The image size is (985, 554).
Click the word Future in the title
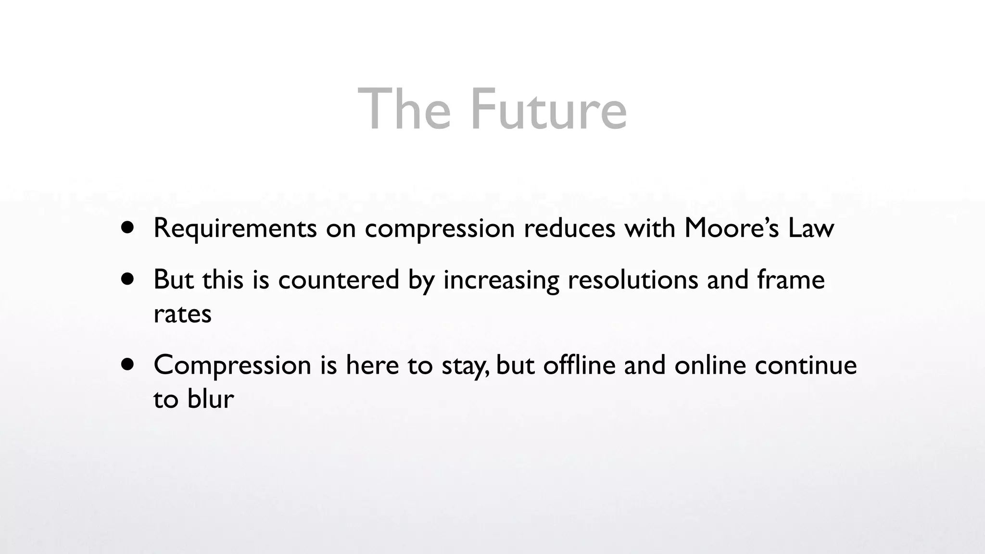pyautogui.click(x=548, y=110)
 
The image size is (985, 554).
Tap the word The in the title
pyautogui.click(x=404, y=110)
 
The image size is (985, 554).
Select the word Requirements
pyautogui.click(x=235, y=228)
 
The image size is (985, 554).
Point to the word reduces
pyautogui.click(x=569, y=228)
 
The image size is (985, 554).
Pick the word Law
pyautogui.click(x=811, y=228)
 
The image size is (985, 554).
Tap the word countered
pyautogui.click(x=339, y=279)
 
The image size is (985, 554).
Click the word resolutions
pyautogui.click(x=633, y=279)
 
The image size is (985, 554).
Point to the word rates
pyautogui.click(x=182, y=314)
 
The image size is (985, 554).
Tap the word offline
pyautogui.click(x=579, y=365)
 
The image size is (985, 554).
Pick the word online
pyautogui.click(x=710, y=365)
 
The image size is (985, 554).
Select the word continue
pyautogui.click(x=806, y=365)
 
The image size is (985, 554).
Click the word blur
pyautogui.click(x=211, y=399)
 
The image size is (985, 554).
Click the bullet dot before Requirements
pyautogui.click(x=127, y=227)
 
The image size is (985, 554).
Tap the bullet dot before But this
pyautogui.click(x=127, y=279)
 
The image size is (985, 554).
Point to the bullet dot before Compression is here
pyautogui.click(x=127, y=365)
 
